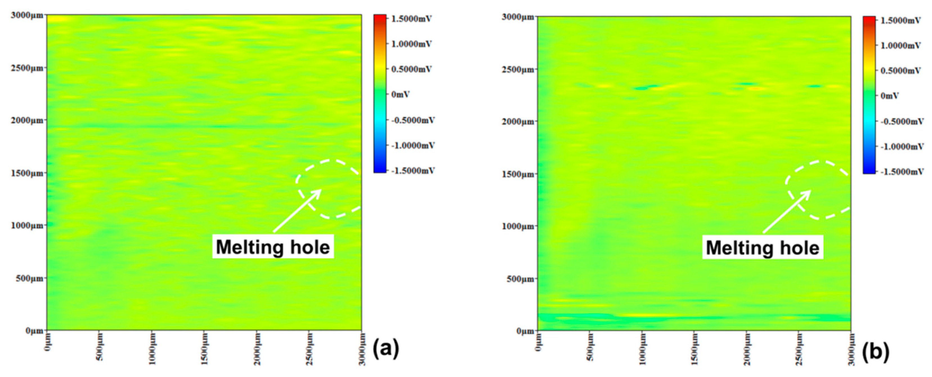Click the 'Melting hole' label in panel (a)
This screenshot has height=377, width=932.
(x=273, y=247)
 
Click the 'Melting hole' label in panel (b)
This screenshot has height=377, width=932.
(x=763, y=248)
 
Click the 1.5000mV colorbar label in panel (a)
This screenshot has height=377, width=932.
(x=412, y=19)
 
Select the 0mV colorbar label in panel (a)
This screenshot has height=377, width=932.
(x=400, y=94)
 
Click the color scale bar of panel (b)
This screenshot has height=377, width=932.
(x=869, y=95)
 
